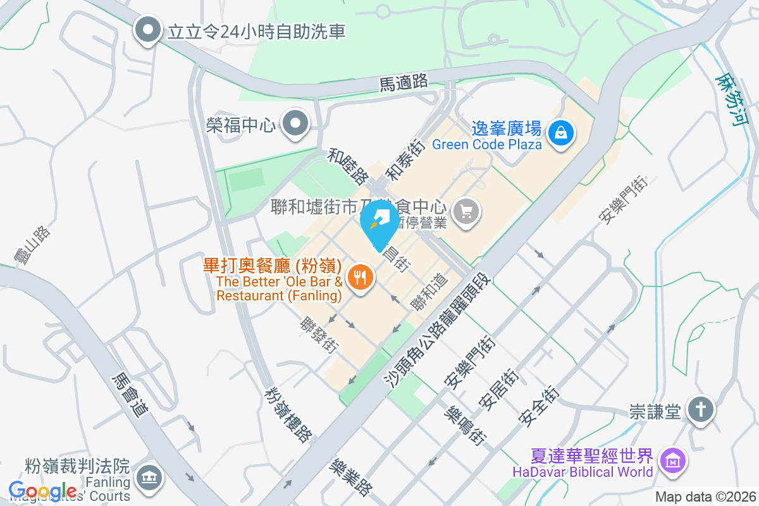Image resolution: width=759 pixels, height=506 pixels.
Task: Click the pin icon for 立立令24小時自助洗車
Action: tap(148, 30)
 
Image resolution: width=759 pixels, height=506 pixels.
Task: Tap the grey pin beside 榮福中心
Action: tap(295, 124)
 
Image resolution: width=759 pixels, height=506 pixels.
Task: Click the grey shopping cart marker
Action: tap(467, 211)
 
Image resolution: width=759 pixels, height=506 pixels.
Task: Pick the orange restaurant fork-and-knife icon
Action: tap(361, 277)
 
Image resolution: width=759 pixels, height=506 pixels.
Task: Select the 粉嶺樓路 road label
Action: tap(288, 414)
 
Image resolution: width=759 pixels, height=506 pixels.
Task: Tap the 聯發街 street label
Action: tap(319, 335)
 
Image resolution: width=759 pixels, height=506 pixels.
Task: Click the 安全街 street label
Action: tap(538, 405)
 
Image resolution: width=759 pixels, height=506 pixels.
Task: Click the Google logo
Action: tap(43, 491)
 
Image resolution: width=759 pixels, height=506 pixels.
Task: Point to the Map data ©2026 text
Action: tap(705, 497)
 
